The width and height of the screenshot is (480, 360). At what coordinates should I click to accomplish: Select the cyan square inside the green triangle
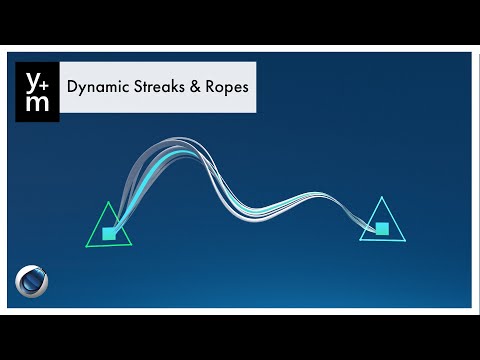[110, 234]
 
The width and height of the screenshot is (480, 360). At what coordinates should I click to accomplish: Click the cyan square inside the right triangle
[382, 229]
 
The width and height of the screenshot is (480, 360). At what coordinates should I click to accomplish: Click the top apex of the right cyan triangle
[380, 198]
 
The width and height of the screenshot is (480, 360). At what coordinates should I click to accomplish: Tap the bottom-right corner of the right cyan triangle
[406, 239]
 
